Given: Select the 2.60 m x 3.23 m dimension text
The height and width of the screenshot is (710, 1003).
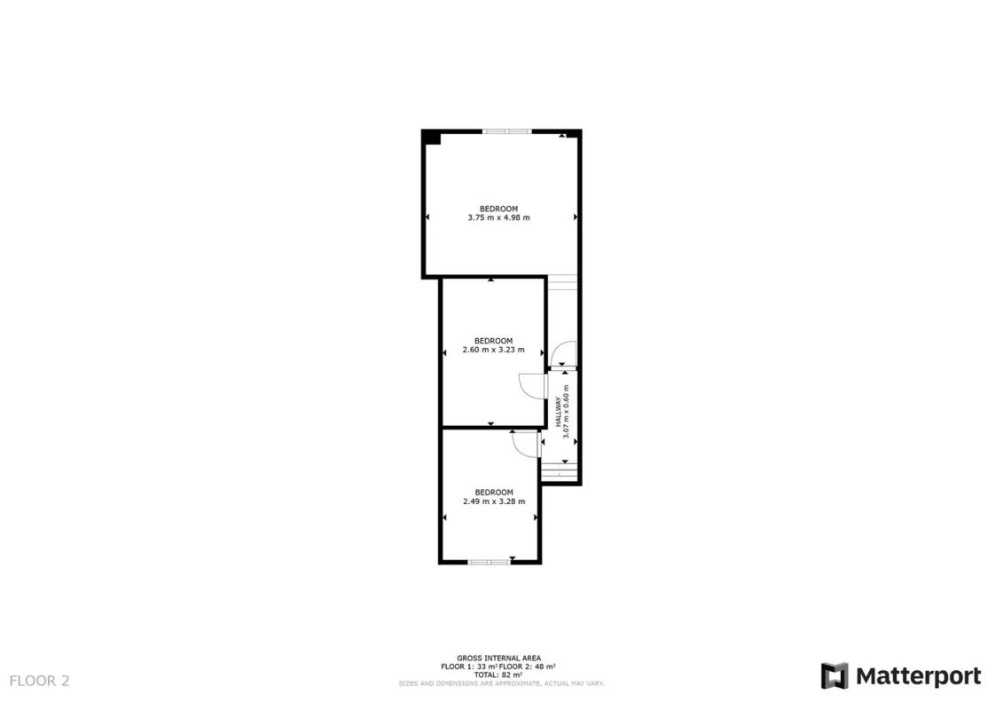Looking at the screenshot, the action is click(x=493, y=350).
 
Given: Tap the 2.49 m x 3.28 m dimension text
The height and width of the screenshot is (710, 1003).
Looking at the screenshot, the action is click(x=494, y=501).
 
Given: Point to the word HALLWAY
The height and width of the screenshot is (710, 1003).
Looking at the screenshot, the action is click(x=559, y=412).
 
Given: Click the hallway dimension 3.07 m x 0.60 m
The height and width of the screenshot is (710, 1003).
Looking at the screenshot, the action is click(x=566, y=412).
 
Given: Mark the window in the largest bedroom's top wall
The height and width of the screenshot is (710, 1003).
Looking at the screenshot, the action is click(x=506, y=131).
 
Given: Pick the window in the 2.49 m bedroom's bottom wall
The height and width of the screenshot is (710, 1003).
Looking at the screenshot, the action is click(x=490, y=562).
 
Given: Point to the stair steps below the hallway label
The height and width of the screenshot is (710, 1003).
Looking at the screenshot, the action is click(x=560, y=471).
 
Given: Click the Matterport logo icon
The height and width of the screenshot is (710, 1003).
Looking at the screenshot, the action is click(x=835, y=676).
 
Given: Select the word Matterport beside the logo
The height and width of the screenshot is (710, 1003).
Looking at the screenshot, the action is click(x=919, y=676).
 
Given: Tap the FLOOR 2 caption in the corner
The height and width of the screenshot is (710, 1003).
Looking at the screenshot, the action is click(x=40, y=681).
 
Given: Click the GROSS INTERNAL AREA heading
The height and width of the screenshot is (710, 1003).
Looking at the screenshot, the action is click(x=499, y=659).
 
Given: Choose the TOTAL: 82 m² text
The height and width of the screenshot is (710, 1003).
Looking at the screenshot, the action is click(x=498, y=674).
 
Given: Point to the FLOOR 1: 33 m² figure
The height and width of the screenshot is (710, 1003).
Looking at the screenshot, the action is click(x=469, y=667).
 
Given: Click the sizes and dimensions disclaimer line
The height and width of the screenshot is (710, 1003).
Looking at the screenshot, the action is click(x=501, y=683).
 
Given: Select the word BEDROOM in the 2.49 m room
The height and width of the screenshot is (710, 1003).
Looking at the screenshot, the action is click(x=494, y=493).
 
